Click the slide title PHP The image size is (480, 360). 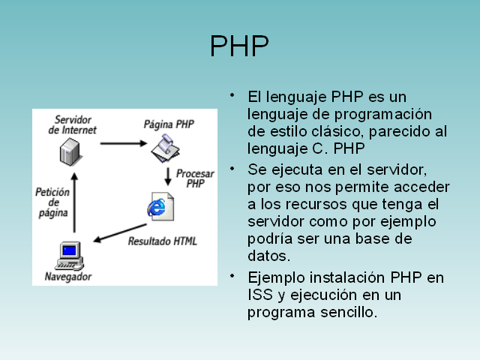[x=239, y=46]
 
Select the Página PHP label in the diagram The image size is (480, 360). [x=169, y=124]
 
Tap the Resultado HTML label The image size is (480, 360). [x=162, y=241]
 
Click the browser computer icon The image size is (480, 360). [x=69, y=253]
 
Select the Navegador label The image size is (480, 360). [x=68, y=277]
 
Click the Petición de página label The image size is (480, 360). [x=52, y=202]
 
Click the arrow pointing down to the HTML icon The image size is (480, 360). [x=167, y=177]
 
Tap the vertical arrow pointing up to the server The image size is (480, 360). [x=73, y=202]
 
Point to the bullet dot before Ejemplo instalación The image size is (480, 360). [x=234, y=274]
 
